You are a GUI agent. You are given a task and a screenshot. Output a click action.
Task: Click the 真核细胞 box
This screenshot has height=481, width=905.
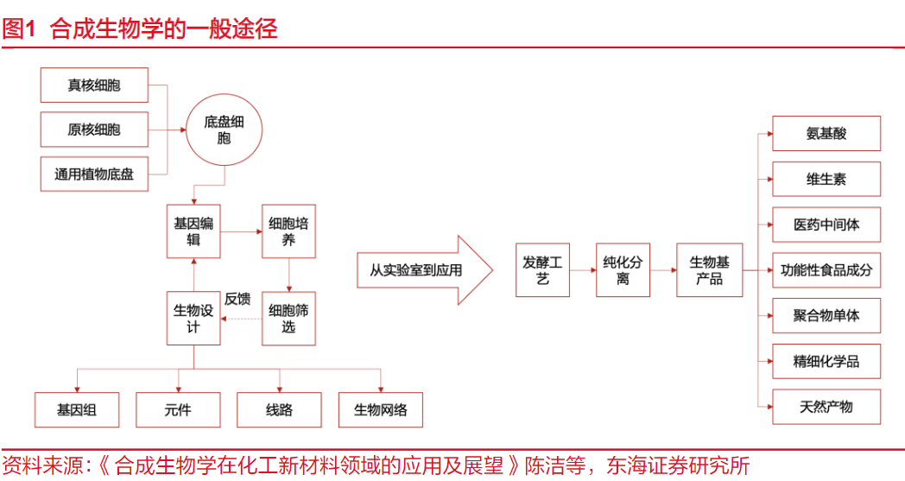[x=94, y=85]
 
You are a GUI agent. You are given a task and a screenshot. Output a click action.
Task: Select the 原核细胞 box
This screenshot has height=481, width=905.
[x=94, y=130]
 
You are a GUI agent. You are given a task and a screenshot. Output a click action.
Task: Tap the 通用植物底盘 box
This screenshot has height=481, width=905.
[x=94, y=174]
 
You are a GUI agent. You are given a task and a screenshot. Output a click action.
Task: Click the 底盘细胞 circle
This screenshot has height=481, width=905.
[x=224, y=130]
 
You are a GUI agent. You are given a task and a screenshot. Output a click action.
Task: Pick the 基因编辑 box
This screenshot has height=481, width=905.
[x=193, y=231]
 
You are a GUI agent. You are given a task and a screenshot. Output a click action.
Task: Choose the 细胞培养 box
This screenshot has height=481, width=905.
[x=288, y=231]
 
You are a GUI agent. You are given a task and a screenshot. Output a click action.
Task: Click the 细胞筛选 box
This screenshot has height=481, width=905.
[x=288, y=319]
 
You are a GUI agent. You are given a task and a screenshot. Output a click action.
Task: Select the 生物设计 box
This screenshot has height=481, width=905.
[x=193, y=319]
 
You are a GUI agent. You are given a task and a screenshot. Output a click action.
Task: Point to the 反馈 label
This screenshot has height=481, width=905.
[x=237, y=300]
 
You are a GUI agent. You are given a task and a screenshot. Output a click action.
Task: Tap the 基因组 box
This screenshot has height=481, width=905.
[x=77, y=410]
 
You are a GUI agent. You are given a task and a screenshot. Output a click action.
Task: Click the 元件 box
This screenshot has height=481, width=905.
[x=178, y=410]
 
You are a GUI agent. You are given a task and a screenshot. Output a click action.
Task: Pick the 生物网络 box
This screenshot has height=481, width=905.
[x=381, y=410]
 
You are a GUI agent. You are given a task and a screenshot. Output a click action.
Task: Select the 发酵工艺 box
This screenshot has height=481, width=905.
[x=542, y=270]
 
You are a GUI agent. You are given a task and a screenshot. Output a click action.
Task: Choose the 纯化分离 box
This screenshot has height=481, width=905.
[x=623, y=270]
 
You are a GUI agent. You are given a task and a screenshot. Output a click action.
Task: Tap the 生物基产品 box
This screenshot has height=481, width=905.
[x=709, y=270]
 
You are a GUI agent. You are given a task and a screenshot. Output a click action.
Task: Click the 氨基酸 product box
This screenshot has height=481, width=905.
[x=826, y=134]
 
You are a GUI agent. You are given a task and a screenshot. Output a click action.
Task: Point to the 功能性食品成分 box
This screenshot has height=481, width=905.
[x=826, y=270]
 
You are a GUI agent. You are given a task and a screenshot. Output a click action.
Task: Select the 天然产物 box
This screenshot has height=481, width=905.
[x=826, y=406]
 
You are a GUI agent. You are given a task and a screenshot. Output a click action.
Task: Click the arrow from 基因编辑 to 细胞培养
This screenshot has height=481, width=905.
[x=241, y=231]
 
